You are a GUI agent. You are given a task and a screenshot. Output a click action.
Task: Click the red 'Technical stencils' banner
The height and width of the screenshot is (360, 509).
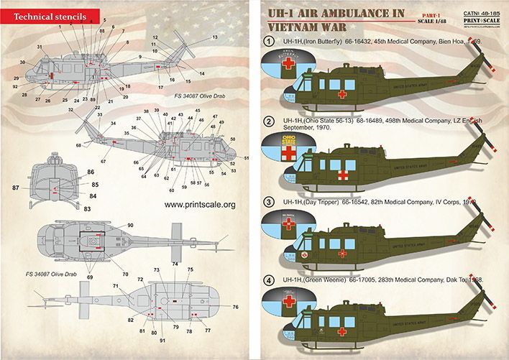click(x=45, y=14)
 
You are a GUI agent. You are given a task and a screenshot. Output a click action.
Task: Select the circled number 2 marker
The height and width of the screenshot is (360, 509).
click(x=270, y=121)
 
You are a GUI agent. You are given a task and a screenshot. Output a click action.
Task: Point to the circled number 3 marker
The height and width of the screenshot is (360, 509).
click(x=270, y=202)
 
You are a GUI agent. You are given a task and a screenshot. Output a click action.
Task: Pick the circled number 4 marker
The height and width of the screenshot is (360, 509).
click(x=270, y=279)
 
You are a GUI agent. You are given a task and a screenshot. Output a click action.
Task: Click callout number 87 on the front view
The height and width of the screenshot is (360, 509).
click(x=16, y=187)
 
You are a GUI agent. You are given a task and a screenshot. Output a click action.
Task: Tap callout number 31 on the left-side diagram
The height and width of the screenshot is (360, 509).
click(x=39, y=47)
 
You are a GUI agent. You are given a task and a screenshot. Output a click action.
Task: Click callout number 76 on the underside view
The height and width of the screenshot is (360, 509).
click(x=236, y=307)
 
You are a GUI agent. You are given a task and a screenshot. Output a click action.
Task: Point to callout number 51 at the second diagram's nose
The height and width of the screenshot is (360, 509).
click(x=247, y=157)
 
